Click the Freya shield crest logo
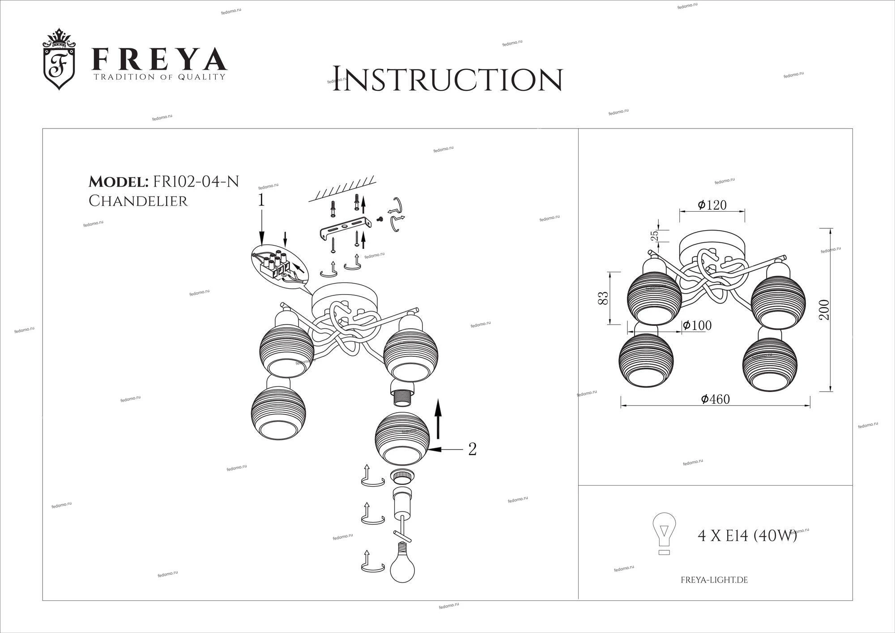click(x=58, y=59)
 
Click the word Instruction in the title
click(x=447, y=80)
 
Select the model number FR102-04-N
click(x=196, y=181)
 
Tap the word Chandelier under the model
click(x=138, y=201)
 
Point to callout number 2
click(x=472, y=449)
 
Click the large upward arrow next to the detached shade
click(x=438, y=419)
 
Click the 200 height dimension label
click(x=824, y=309)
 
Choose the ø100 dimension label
click(x=697, y=325)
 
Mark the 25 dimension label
click(x=654, y=235)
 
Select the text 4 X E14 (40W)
click(x=747, y=535)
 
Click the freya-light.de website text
click(x=714, y=580)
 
